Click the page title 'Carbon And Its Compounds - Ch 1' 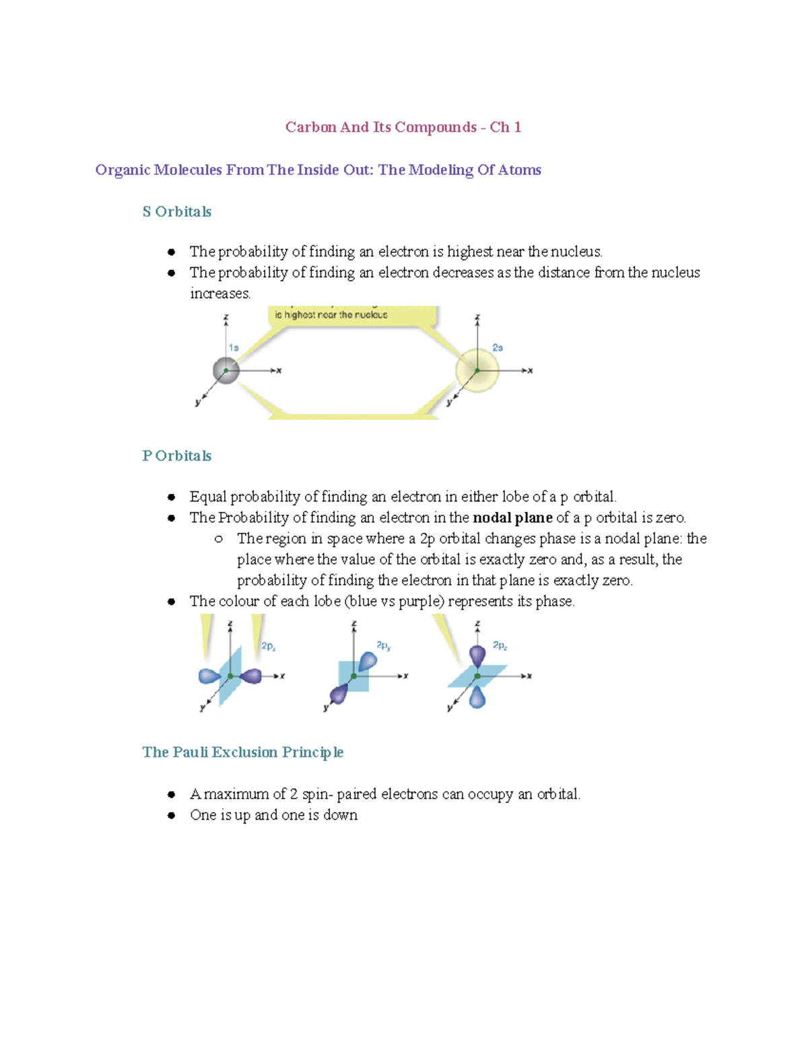403,127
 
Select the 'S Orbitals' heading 176,212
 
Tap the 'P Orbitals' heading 176,456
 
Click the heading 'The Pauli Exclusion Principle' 242,752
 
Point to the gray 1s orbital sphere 226,371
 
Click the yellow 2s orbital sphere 477,370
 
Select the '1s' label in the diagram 234,348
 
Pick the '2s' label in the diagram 498,348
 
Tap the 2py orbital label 384,645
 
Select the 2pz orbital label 500,645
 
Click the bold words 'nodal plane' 512,518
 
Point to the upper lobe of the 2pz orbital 477,655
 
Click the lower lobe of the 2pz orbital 477,697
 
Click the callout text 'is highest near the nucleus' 331,315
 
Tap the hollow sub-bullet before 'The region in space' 218,539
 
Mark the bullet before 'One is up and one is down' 172,816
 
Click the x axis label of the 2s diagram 531,371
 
